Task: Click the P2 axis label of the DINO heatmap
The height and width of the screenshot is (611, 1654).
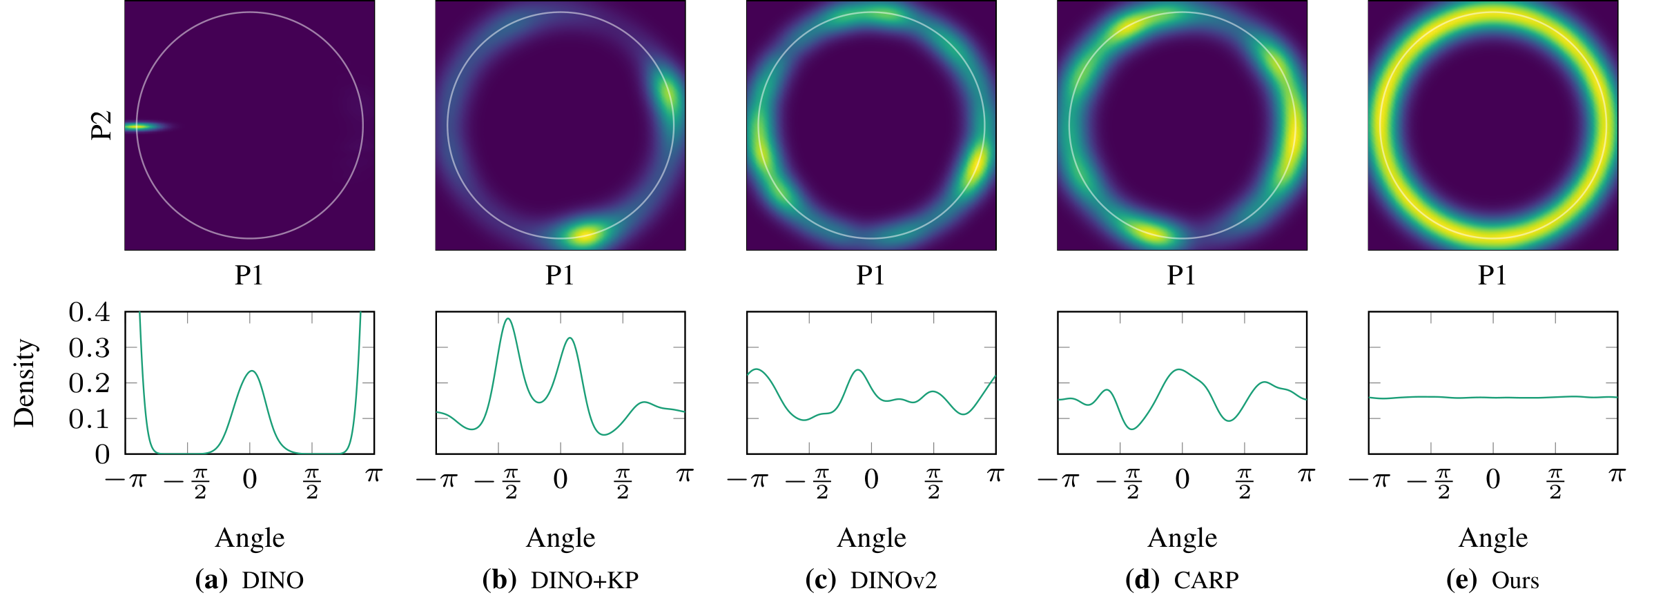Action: coord(101,126)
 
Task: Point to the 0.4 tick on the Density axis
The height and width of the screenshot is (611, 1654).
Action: coord(89,312)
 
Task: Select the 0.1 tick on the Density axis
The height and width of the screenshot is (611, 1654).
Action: coord(89,418)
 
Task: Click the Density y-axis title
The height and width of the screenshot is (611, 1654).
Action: coord(24,382)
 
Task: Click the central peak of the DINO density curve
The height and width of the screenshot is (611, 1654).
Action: coord(252,371)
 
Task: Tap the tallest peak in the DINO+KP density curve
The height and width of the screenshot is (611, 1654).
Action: coord(508,319)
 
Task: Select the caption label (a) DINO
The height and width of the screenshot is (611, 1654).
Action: coord(249,580)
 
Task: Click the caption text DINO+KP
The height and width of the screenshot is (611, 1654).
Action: coord(584,580)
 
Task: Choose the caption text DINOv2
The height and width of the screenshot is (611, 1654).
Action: coord(893,580)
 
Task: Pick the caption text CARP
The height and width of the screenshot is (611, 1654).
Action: coord(1206,580)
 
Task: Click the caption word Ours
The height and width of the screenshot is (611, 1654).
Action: coord(1515,580)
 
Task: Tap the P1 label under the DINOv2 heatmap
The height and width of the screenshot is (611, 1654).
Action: coord(870,275)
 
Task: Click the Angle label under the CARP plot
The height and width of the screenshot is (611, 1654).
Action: coord(1182,538)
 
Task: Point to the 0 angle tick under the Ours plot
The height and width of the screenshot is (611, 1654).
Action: coord(1492,479)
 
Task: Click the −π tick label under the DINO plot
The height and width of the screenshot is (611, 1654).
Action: coord(126,479)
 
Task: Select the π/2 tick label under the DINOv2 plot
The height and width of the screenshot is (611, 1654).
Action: coord(933,483)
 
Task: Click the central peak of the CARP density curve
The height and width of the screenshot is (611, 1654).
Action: coord(1180,370)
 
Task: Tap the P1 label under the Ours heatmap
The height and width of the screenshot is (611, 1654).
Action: coord(1492,275)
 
